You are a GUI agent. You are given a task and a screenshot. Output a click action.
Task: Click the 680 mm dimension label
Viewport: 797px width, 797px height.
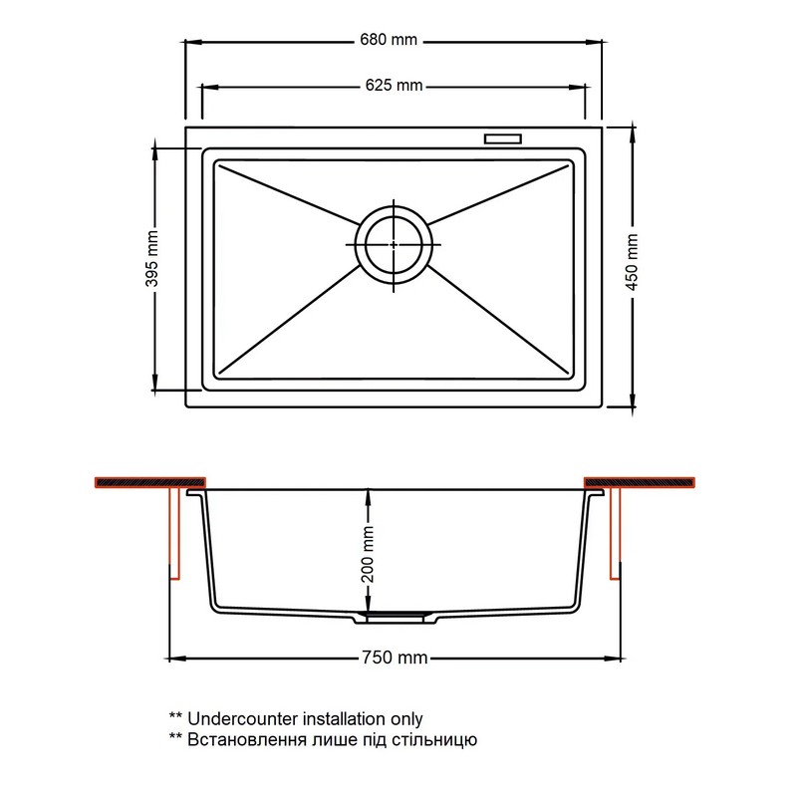click(389, 40)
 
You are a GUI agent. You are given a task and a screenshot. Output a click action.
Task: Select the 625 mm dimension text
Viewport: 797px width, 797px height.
click(394, 85)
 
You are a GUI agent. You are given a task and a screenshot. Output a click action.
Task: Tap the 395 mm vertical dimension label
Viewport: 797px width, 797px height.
click(152, 258)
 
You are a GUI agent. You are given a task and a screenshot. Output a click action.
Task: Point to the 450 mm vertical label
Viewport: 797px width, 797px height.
click(632, 262)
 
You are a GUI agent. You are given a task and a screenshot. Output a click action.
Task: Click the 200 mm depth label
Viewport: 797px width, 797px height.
click(368, 554)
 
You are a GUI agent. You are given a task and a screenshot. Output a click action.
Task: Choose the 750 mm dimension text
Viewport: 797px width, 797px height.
click(395, 658)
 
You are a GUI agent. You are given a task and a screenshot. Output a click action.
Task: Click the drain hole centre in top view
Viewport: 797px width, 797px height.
click(394, 245)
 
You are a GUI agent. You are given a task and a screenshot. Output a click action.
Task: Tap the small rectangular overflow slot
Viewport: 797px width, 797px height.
click(503, 138)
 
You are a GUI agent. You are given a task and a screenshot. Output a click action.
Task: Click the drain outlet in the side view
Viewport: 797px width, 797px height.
click(395, 618)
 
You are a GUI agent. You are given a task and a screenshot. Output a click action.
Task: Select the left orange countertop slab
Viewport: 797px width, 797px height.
click(150, 482)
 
